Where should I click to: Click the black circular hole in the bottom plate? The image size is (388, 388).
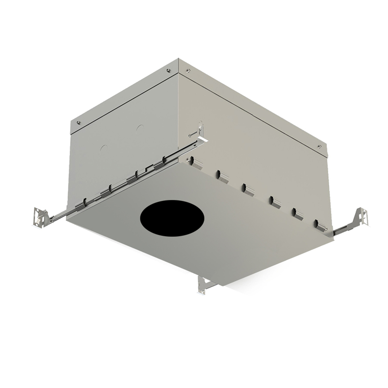click(x=172, y=217)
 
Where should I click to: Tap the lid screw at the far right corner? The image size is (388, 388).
click(x=319, y=146)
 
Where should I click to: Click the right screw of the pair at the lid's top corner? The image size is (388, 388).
click(x=188, y=70)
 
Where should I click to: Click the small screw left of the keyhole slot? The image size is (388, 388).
click(x=190, y=135)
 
